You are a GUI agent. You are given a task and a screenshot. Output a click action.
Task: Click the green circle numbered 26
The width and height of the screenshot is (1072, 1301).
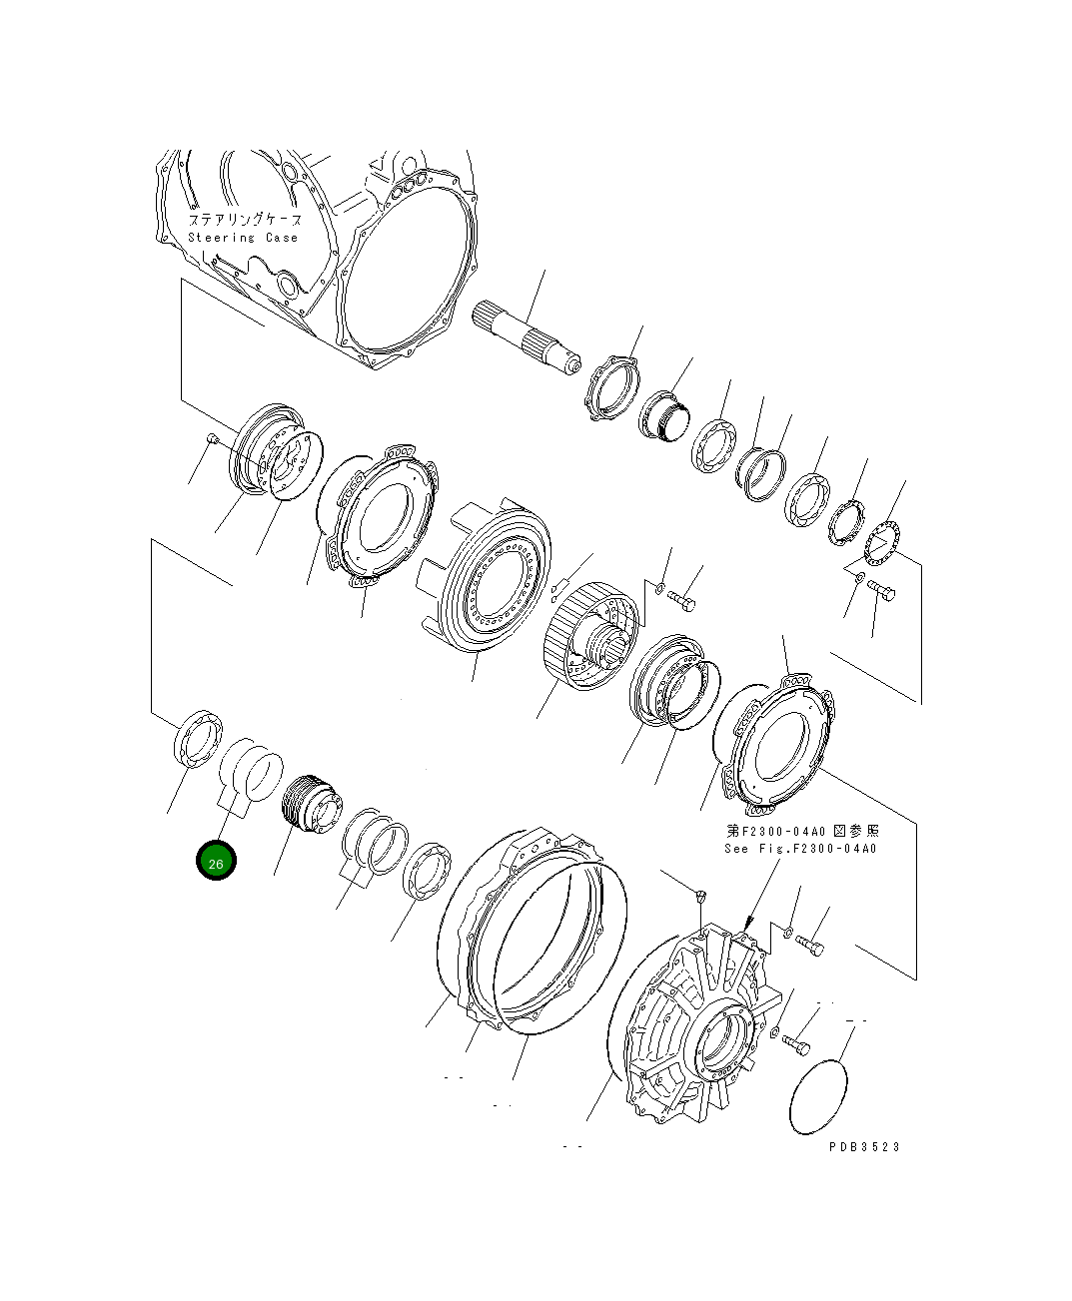coord(216,863)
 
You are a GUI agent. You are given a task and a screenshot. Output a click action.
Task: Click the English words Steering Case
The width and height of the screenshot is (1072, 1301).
coord(243,238)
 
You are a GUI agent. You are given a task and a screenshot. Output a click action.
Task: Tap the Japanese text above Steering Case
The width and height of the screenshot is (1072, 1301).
coord(244,219)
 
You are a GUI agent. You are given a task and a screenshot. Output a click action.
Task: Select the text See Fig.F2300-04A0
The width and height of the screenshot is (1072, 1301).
coord(799,849)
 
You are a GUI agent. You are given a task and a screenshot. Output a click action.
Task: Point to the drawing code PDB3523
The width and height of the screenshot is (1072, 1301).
coord(863,1146)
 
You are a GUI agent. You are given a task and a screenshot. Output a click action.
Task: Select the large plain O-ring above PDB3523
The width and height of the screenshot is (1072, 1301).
coord(818,1097)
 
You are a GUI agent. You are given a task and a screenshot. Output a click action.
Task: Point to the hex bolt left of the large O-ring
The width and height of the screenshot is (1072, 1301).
coord(796,1044)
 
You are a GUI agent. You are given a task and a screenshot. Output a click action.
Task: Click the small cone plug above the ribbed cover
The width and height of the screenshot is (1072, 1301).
coord(700,894)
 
